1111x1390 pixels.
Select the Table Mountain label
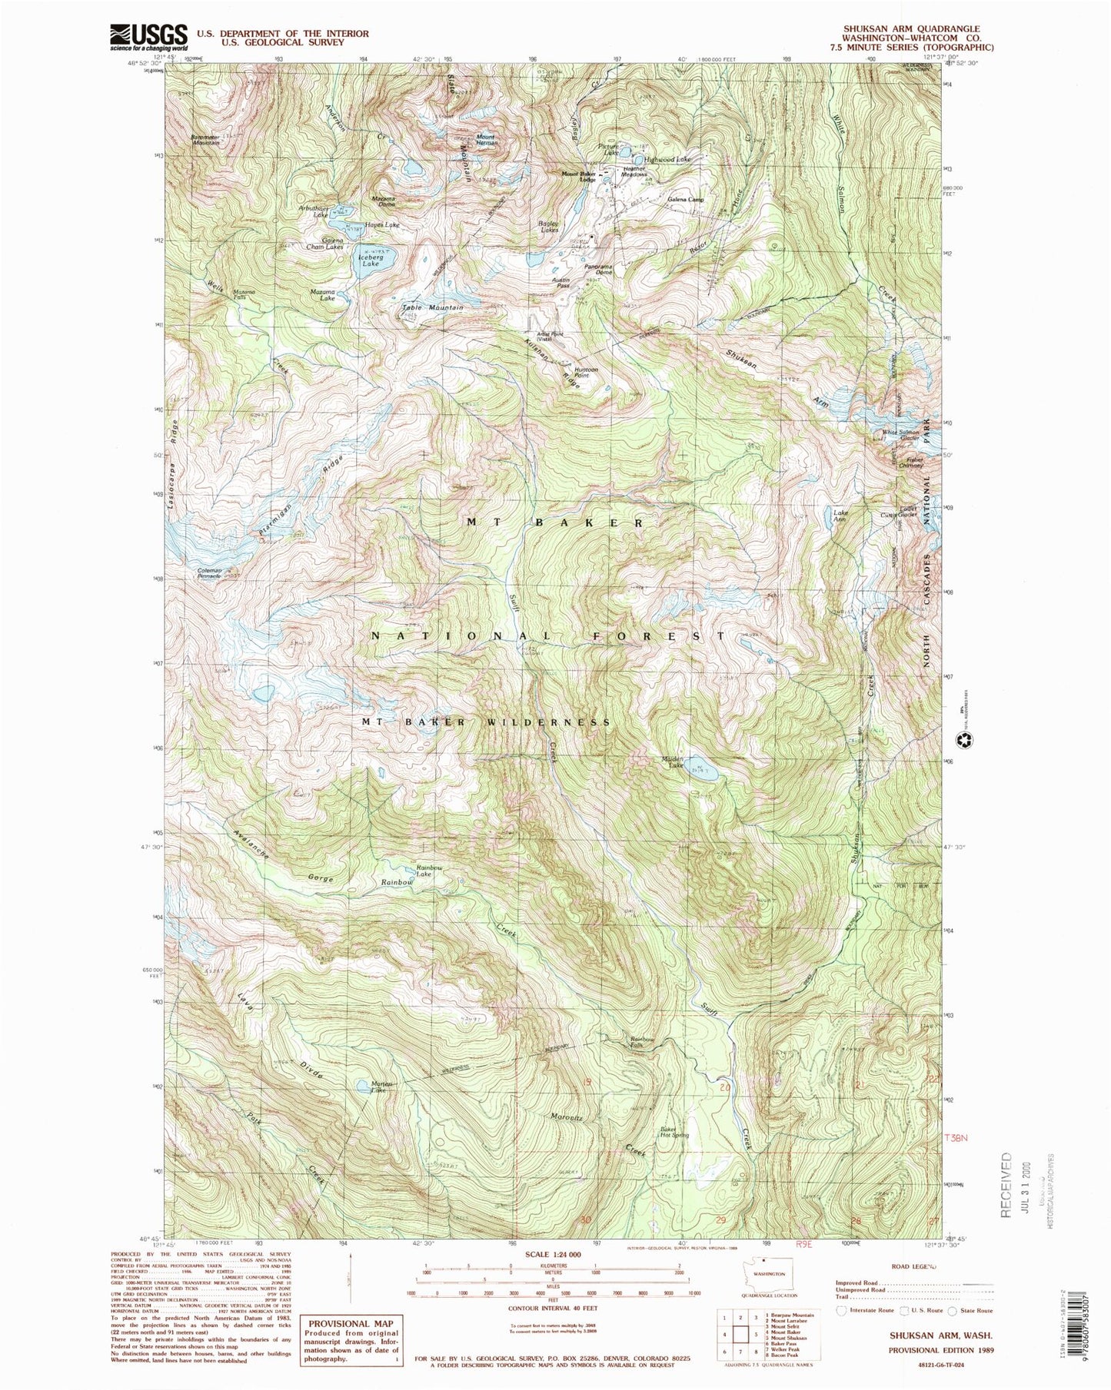click(x=433, y=307)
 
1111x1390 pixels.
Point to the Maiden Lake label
click(x=673, y=761)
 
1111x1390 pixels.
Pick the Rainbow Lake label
click(x=429, y=871)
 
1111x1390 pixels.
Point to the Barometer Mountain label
click(x=205, y=140)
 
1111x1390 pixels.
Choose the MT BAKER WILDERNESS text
click(x=487, y=722)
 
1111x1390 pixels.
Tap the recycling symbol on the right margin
click(x=962, y=741)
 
